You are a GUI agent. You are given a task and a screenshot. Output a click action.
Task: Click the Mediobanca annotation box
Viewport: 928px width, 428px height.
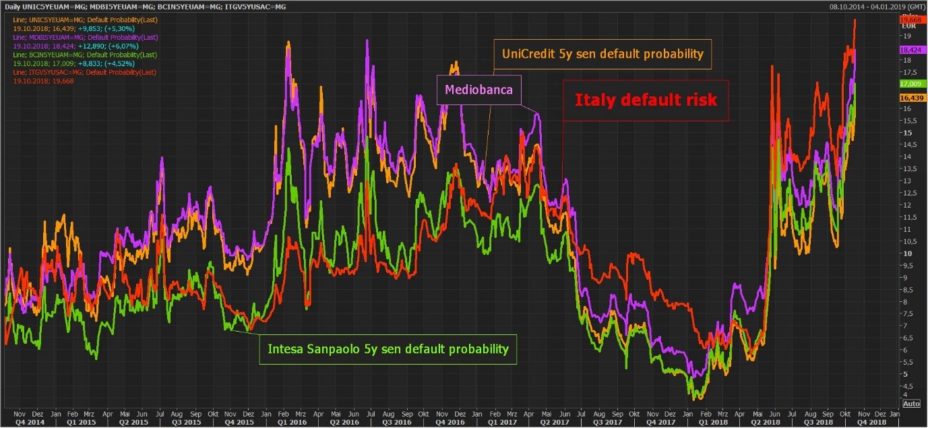[x=479, y=90]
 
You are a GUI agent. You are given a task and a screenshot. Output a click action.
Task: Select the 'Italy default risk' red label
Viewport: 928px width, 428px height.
[x=646, y=100]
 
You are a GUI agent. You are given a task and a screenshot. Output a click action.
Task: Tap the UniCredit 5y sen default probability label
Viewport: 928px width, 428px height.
[x=602, y=53]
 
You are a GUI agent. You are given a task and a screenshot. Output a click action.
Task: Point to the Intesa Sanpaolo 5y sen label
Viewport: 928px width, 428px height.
[x=388, y=349]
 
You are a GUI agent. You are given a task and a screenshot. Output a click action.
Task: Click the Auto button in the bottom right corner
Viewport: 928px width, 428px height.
[x=910, y=404]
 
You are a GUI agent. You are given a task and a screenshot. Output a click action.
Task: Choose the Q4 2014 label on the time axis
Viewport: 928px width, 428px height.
[x=20, y=421]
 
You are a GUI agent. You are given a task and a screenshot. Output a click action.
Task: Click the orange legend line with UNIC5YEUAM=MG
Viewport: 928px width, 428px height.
[x=85, y=20]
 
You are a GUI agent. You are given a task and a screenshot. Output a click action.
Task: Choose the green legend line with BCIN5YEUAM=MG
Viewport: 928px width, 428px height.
[x=85, y=55]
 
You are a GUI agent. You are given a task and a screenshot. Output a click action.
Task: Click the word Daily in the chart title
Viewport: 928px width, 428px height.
[x=12, y=5]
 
